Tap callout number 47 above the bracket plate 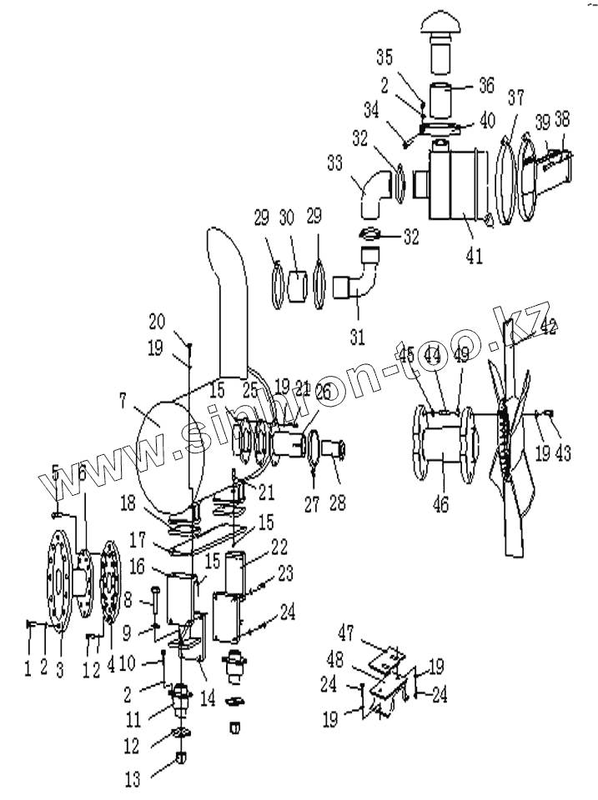[347, 630]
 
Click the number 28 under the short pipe [338, 502]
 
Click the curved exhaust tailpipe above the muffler [230, 300]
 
